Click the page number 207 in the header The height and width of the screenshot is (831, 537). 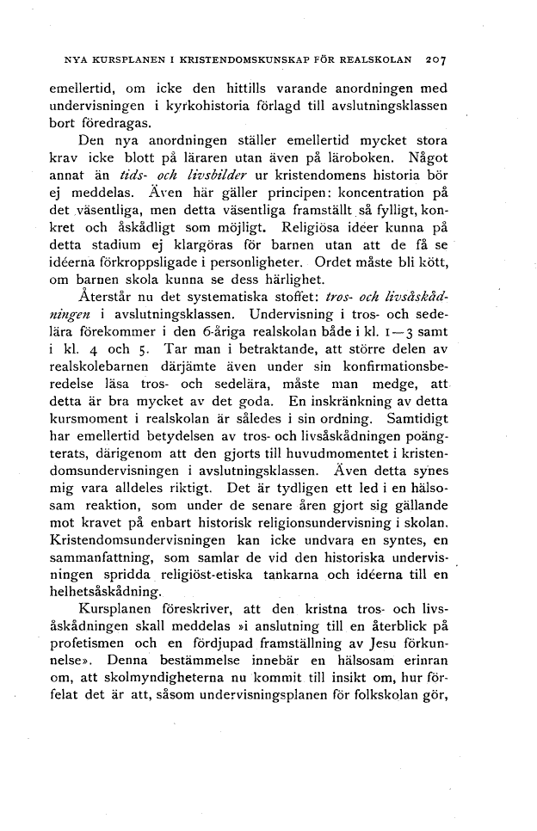tap(441, 62)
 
